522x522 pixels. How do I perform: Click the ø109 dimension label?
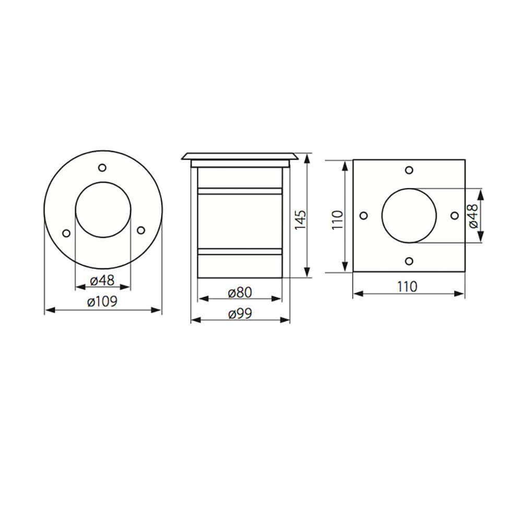tap(103, 301)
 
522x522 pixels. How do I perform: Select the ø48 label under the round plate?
tap(102, 280)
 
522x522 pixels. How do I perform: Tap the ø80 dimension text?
tap(240, 292)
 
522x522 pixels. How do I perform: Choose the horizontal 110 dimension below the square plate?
tap(408, 286)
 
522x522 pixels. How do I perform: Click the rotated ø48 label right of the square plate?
tap(472, 215)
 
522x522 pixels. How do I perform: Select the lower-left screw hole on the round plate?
tap(66, 233)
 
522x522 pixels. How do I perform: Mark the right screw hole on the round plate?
tap(140, 230)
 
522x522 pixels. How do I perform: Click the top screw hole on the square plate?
tap(409, 170)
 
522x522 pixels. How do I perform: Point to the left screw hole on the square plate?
tap(364, 216)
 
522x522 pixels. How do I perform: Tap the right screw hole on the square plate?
tap(454, 216)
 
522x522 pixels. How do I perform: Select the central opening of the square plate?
tap(409, 216)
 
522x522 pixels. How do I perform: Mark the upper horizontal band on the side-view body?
tap(240, 191)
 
